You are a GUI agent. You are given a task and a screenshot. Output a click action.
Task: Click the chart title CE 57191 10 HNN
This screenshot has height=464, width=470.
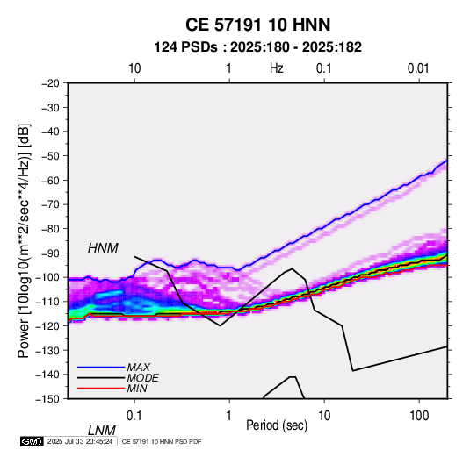click(x=257, y=25)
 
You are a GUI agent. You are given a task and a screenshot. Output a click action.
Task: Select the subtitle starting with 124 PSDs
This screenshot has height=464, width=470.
click(x=257, y=47)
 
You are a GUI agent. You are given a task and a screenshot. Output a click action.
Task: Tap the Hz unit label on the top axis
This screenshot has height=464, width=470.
click(x=277, y=68)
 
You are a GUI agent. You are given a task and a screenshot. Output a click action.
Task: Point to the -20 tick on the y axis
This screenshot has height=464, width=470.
click(x=50, y=83)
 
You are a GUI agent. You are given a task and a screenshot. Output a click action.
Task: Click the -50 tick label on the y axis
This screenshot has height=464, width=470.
click(x=50, y=156)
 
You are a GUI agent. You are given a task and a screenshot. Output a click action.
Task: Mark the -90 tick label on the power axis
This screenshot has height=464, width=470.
click(x=50, y=253)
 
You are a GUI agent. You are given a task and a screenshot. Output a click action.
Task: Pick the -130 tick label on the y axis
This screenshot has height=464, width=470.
click(x=47, y=351)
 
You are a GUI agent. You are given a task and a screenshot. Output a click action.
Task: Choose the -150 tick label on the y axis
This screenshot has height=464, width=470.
click(x=47, y=399)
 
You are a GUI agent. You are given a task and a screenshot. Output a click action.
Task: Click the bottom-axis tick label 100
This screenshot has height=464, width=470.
click(x=419, y=416)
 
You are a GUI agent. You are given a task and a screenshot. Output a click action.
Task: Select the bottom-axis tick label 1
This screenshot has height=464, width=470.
click(x=229, y=416)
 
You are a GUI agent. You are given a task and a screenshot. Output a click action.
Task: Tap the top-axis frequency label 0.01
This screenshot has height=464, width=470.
click(x=418, y=68)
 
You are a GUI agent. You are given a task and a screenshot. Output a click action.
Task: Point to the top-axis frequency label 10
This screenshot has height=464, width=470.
click(x=134, y=68)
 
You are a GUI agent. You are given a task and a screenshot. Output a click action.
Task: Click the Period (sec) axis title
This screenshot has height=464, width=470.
click(x=277, y=425)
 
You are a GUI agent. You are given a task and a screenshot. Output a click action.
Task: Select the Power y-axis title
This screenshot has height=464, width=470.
click(x=25, y=240)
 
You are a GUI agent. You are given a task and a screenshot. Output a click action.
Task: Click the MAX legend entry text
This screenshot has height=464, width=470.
click(x=138, y=368)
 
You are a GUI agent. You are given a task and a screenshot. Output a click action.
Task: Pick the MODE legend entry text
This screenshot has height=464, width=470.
click(x=142, y=378)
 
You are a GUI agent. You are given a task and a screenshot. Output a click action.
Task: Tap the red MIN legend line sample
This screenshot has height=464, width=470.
click(x=101, y=389)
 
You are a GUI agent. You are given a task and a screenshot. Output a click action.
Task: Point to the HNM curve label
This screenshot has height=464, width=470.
click(x=103, y=248)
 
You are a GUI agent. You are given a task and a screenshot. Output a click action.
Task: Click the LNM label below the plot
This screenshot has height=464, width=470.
click(x=102, y=431)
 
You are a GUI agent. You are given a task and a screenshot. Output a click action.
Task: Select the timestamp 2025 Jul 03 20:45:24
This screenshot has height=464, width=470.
click(x=80, y=441)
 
